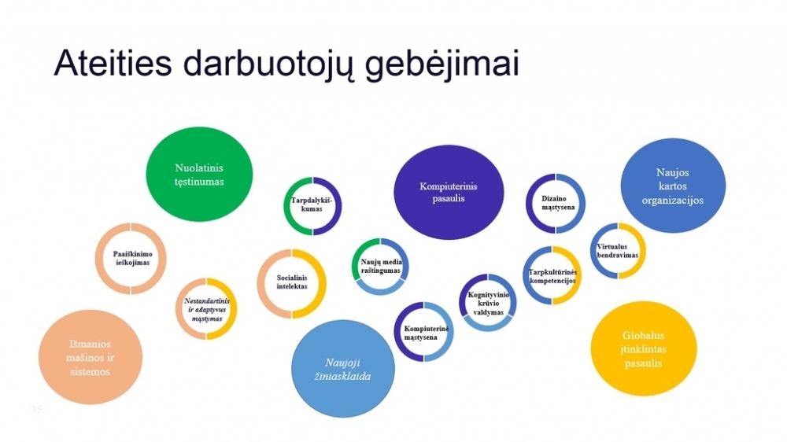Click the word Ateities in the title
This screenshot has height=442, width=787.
(113, 64)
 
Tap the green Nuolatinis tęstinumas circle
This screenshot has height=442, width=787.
(199, 174)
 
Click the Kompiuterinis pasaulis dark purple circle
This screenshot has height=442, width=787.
(449, 192)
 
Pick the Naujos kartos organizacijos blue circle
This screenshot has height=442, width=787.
(673, 186)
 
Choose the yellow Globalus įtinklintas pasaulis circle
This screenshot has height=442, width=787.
(644, 348)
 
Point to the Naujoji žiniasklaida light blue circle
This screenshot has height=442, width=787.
(343, 370)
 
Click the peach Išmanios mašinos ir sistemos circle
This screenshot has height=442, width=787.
(91, 357)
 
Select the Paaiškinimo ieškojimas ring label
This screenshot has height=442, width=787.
(132, 259)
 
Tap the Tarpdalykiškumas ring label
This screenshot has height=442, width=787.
(312, 204)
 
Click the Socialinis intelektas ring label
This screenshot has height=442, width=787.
(292, 282)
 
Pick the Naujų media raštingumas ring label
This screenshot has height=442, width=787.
(381, 266)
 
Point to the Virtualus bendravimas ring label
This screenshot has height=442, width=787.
(617, 251)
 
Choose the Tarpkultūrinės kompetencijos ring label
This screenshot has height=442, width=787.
(552, 276)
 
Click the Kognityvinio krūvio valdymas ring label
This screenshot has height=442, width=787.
(489, 303)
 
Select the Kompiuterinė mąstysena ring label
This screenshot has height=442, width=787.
(426, 333)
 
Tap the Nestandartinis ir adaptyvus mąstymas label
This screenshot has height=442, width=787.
(207, 310)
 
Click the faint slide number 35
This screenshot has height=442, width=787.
(36, 410)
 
